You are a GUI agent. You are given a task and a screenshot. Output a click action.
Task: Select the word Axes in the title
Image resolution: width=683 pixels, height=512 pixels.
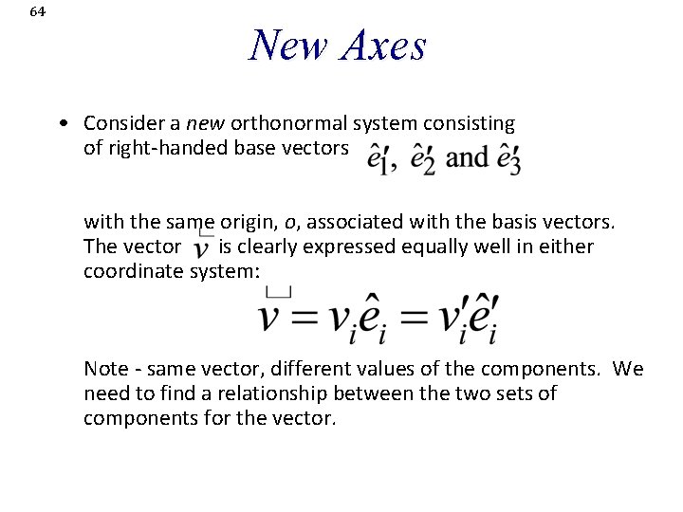tap(380, 45)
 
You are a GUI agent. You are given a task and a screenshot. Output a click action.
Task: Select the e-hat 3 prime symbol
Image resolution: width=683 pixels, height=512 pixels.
tap(508, 158)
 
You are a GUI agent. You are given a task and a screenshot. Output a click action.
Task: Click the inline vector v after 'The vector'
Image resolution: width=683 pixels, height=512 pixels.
tap(202, 248)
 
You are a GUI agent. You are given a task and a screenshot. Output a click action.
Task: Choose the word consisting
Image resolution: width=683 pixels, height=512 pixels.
tap(473, 123)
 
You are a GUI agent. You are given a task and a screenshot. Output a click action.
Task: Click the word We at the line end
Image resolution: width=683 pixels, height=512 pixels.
tap(628, 368)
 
